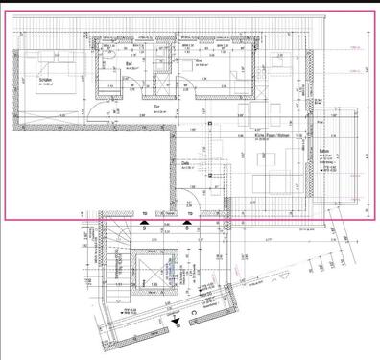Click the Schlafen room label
point(43,80)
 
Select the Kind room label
point(199,62)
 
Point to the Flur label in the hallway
point(156,108)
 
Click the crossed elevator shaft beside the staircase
point(150,271)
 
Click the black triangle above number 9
point(143,216)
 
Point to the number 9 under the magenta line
point(143,228)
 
